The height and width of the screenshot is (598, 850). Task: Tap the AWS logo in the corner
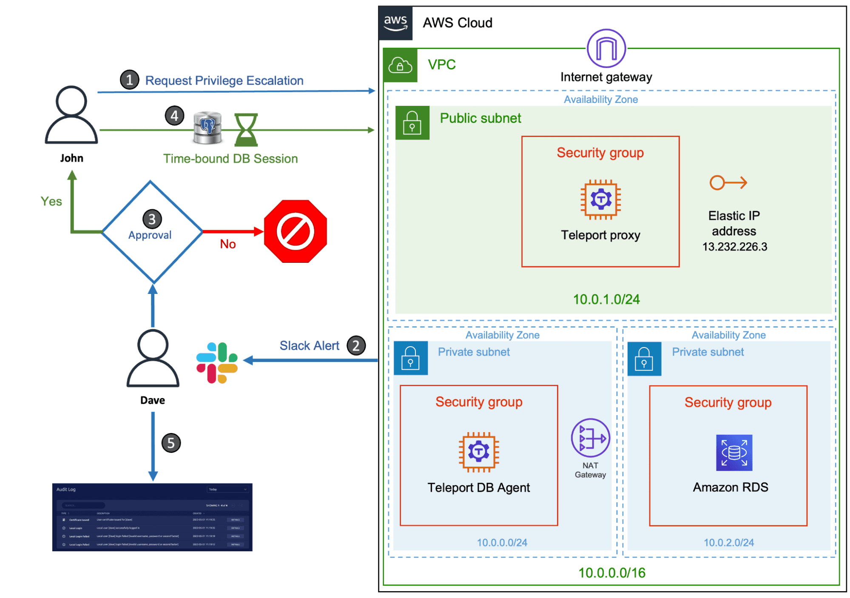(x=395, y=23)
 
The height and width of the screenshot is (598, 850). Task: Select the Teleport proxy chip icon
(x=600, y=199)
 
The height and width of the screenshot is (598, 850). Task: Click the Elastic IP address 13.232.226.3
(x=734, y=246)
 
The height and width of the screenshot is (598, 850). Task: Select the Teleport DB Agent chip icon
(x=478, y=452)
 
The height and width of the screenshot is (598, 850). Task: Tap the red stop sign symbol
(x=295, y=231)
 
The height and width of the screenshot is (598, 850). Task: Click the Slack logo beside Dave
(x=217, y=362)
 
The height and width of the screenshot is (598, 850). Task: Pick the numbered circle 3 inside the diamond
(x=152, y=219)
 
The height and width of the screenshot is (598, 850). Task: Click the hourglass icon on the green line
(x=246, y=130)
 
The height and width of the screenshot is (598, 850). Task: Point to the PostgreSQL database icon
(x=208, y=128)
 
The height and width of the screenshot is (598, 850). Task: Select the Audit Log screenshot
(x=152, y=517)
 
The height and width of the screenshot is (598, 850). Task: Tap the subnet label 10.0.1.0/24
(x=606, y=299)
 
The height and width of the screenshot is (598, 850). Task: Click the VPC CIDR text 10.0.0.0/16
(x=611, y=572)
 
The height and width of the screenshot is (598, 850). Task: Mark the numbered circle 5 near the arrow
(x=171, y=443)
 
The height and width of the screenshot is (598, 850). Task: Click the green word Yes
(x=51, y=201)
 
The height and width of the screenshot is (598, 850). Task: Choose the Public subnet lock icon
(x=412, y=122)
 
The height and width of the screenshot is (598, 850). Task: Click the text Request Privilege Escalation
(x=224, y=80)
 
